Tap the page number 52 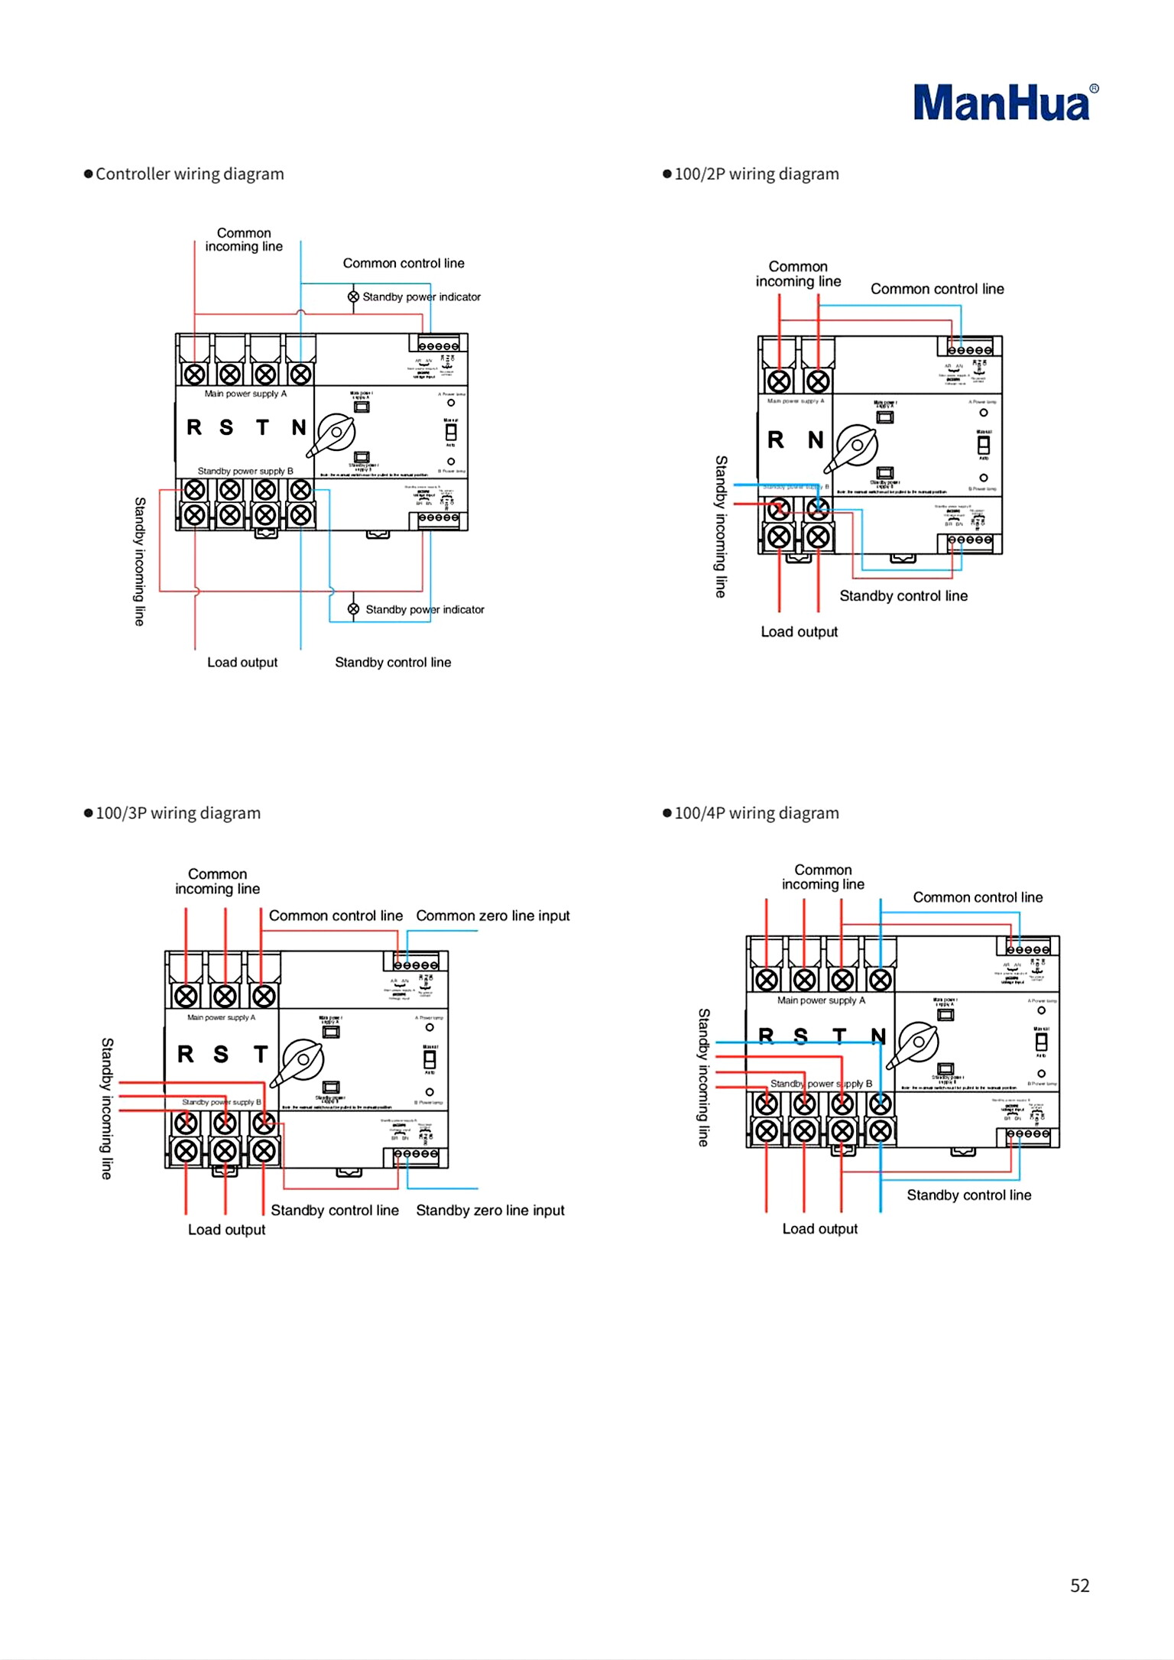tap(1079, 1585)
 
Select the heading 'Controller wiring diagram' tap(189, 174)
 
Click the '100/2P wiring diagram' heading tap(756, 174)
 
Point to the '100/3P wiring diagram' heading tap(177, 813)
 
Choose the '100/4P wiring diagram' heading tap(756, 813)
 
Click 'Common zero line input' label tap(493, 916)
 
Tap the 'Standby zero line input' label tap(490, 1211)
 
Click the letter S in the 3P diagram tap(221, 1055)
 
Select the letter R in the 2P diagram tap(776, 440)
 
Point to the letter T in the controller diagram tap(263, 427)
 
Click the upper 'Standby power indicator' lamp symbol tap(353, 297)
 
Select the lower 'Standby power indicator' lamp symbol tap(353, 609)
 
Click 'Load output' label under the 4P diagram tap(819, 1229)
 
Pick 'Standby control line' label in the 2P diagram tap(903, 596)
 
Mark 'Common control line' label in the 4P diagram tap(978, 897)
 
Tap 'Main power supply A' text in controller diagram tap(245, 394)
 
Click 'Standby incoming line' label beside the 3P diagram tap(108, 1108)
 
